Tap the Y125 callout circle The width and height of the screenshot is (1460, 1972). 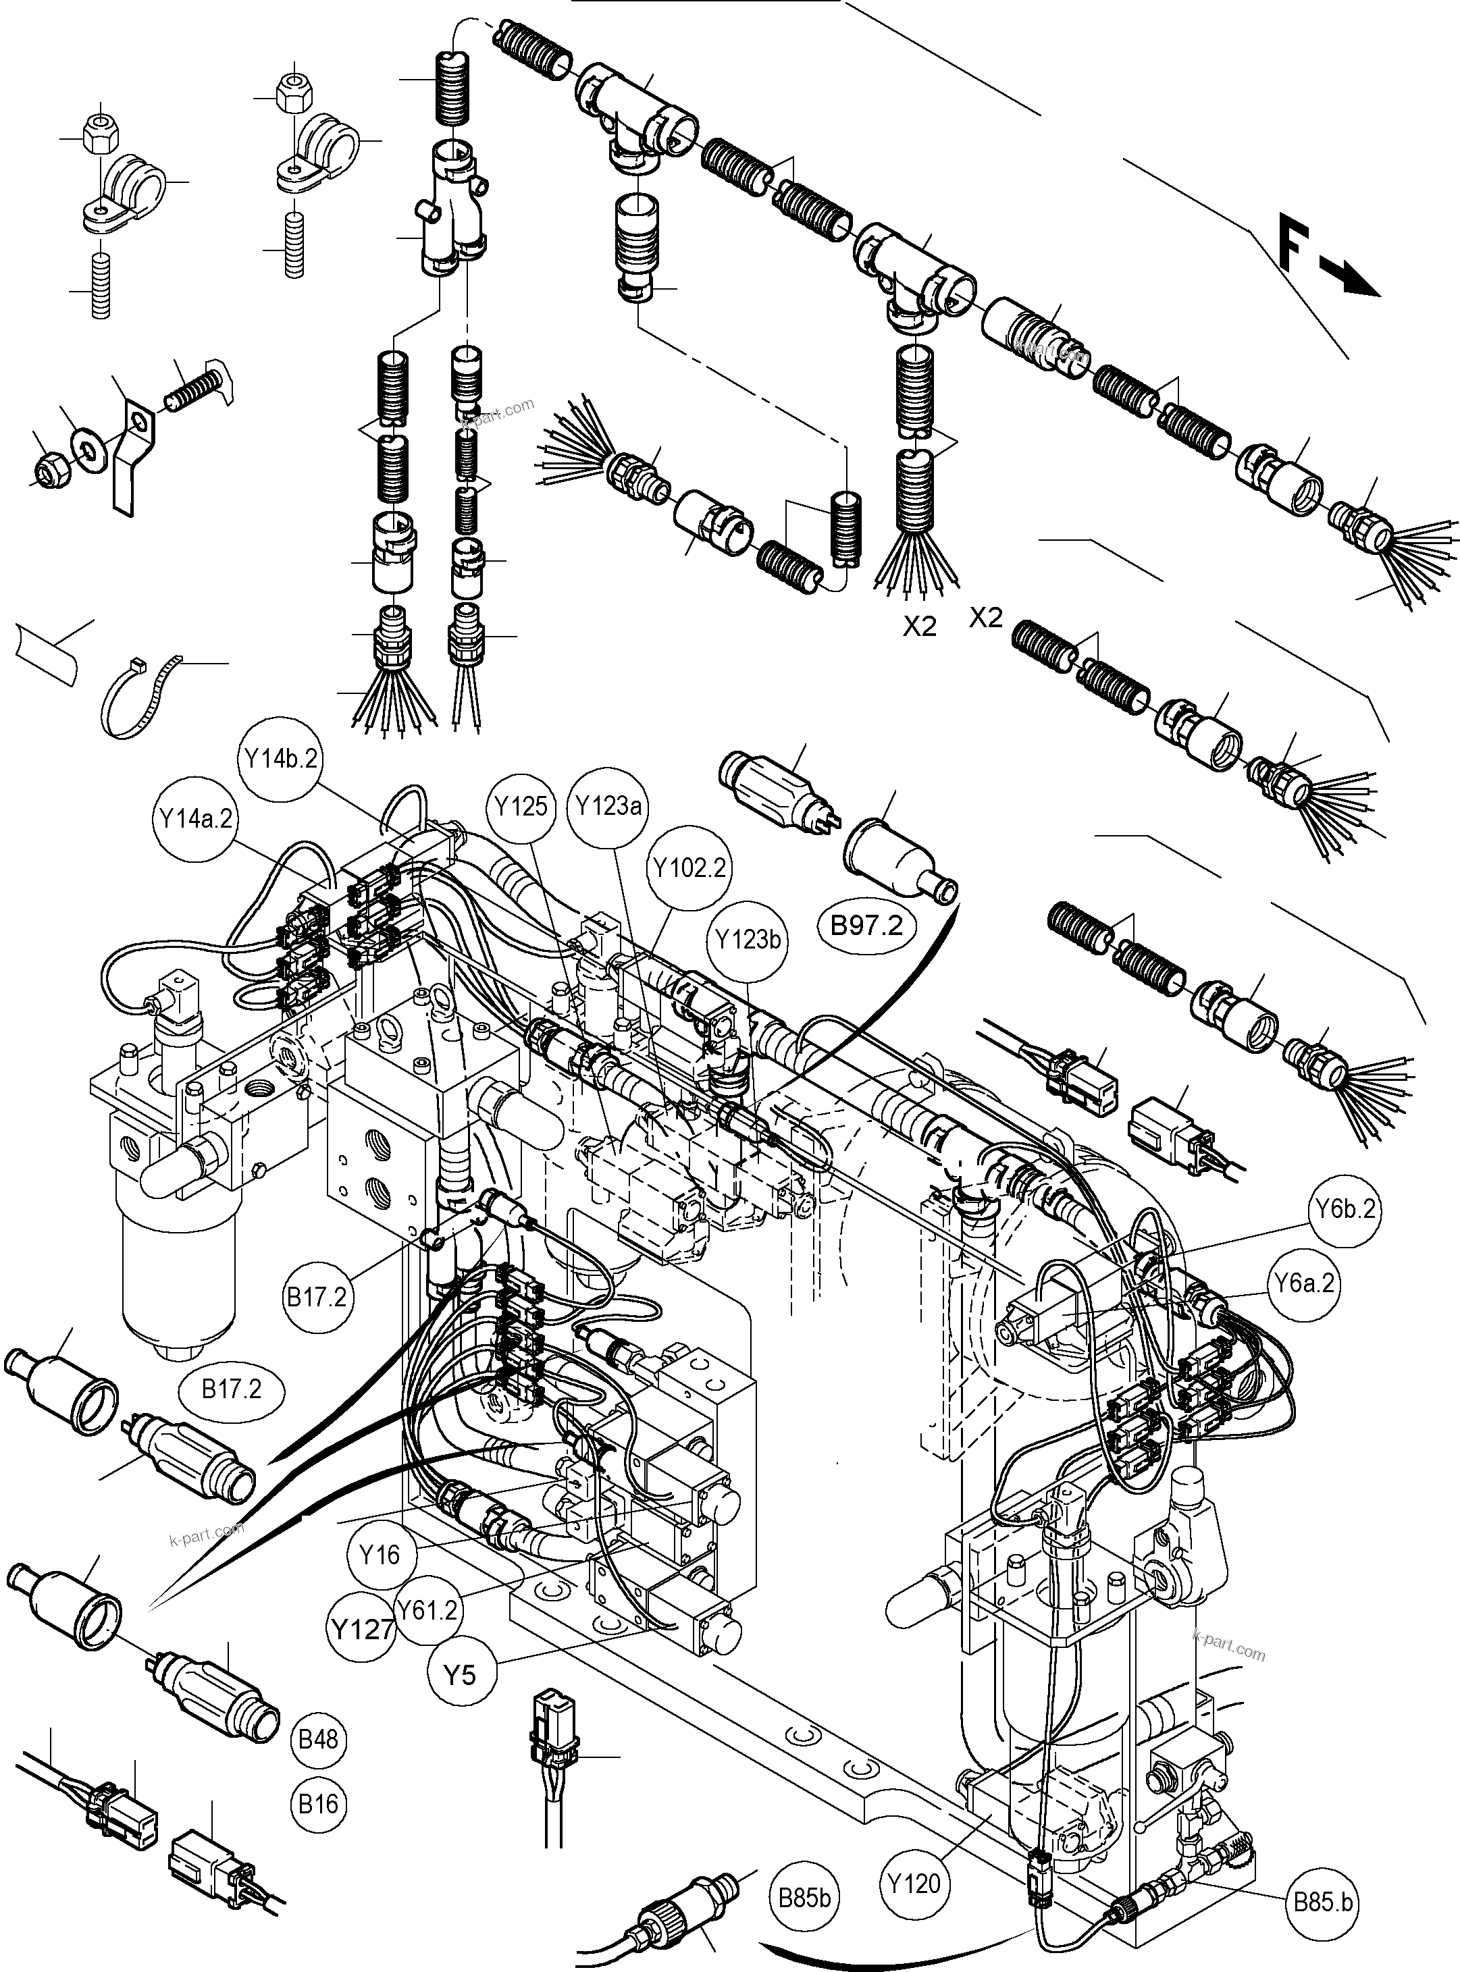click(521, 807)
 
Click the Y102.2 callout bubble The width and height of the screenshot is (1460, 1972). click(690, 868)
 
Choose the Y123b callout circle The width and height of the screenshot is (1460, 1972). click(748, 940)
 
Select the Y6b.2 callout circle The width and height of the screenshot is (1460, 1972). click(1345, 1208)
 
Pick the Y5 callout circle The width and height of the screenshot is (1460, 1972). click(460, 1674)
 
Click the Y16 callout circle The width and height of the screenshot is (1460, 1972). click(380, 1554)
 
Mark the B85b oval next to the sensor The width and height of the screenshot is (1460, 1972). click(804, 1898)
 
